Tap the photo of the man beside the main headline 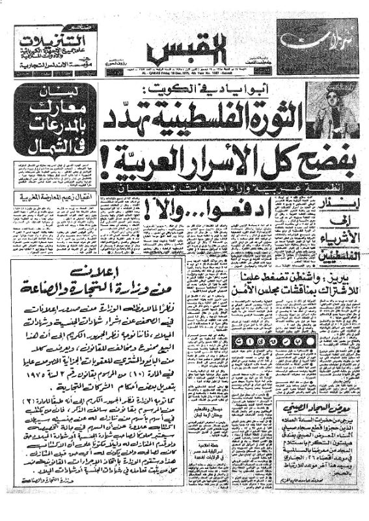[x=329, y=107]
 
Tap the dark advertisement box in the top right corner [x=316, y=45]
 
